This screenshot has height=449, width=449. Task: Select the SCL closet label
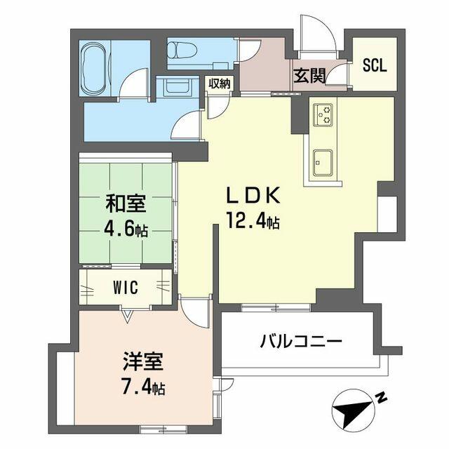(375, 65)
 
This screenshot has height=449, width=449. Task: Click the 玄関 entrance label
(309, 76)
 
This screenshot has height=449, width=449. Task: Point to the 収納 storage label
(220, 83)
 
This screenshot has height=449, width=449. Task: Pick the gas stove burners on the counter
(323, 114)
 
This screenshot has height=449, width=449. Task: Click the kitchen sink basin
(323, 162)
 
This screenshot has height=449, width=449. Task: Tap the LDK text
(253, 196)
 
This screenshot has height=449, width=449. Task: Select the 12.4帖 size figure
(253, 220)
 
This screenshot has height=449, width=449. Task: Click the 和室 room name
(126, 203)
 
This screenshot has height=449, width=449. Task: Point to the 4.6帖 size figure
(126, 229)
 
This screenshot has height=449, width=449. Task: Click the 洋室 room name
(143, 362)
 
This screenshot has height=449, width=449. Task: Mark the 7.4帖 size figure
(143, 387)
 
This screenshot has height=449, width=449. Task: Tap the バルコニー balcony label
(301, 342)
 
